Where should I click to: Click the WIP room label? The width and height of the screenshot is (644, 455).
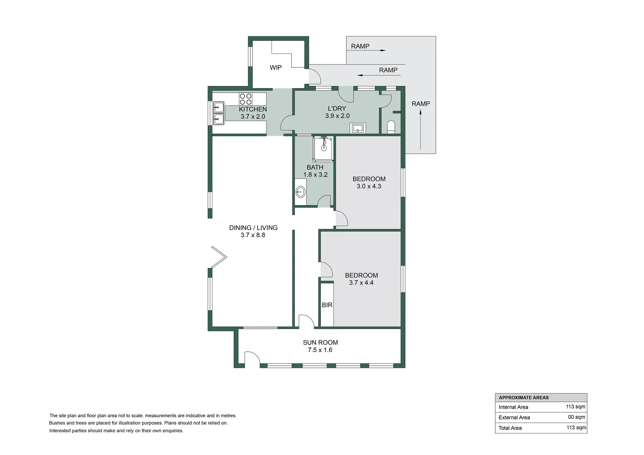coord(276,67)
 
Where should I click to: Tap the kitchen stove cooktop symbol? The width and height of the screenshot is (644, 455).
coord(246,99)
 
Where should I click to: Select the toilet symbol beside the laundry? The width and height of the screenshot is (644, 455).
coord(391,127)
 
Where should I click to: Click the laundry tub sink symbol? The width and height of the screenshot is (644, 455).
coord(358,128)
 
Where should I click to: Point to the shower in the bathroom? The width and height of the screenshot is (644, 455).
coord(323,148)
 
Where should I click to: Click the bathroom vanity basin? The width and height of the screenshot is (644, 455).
coord(300,192)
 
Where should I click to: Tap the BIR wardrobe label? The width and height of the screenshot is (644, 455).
coord(327,305)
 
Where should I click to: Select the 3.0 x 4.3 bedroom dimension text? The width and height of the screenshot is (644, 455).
coord(369,186)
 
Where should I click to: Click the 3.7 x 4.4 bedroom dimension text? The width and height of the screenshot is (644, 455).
coord(361,283)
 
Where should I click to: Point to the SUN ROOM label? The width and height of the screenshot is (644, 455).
coord(320,343)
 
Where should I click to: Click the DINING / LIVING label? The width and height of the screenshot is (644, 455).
coord(253,228)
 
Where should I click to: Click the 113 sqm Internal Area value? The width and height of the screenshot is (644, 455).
coord(575,407)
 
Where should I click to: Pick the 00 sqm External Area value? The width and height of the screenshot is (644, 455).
coord(577,417)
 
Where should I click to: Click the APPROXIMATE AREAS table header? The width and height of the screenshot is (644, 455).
coord(523,398)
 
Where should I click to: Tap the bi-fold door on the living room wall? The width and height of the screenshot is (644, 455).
coord(218,257)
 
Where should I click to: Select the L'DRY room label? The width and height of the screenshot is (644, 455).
coord(337,109)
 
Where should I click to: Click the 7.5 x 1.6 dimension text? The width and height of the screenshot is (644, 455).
coord(320,350)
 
